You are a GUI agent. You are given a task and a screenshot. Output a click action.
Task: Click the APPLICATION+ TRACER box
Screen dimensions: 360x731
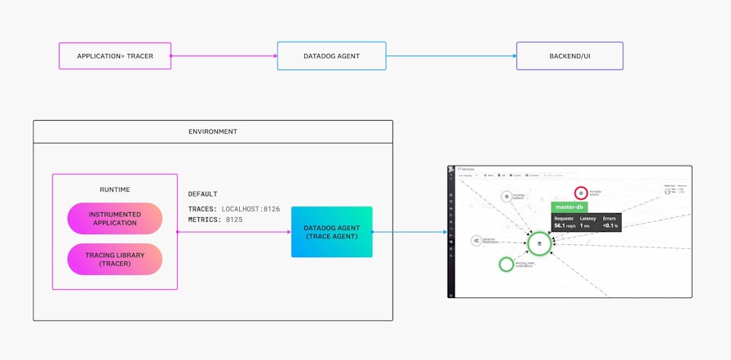point(115,56)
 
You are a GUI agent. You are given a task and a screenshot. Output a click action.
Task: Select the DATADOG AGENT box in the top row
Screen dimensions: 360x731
point(331,56)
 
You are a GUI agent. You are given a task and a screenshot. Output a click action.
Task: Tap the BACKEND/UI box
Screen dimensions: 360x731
point(570,56)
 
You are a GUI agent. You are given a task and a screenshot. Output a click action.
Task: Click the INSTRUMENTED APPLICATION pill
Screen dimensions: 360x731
point(115,219)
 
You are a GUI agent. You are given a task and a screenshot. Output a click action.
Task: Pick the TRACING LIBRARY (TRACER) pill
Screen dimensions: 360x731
point(115,260)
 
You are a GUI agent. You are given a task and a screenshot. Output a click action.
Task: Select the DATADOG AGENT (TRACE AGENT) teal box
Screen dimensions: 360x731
point(331,232)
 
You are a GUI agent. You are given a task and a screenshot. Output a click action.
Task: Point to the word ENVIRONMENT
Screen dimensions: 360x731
point(213,131)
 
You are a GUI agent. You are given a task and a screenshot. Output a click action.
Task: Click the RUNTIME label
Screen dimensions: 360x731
point(115,189)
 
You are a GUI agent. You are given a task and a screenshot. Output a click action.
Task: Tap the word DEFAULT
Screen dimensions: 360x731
point(203,194)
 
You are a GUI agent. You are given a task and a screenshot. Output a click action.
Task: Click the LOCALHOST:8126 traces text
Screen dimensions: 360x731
point(250,209)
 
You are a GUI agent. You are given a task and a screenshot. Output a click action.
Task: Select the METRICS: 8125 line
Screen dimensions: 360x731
point(215,220)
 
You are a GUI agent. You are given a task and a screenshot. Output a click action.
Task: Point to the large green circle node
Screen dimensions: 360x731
point(539,243)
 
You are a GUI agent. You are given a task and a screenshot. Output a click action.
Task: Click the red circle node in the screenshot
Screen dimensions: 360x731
point(580,193)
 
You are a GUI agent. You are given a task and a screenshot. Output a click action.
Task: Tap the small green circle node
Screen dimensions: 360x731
point(507,264)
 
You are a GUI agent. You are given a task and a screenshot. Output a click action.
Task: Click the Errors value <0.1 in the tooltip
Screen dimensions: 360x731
point(609,225)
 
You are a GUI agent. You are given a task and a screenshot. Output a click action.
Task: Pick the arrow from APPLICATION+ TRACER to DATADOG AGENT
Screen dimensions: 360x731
point(224,56)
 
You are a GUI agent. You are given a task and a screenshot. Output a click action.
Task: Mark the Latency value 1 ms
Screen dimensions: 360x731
point(585,225)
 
